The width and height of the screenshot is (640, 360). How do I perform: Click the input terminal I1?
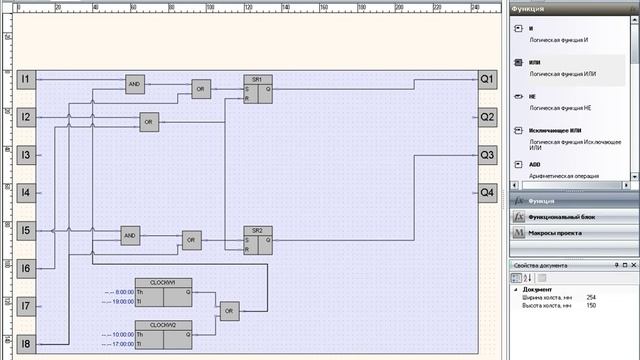click(26, 79)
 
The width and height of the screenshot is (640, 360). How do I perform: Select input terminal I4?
click(26, 192)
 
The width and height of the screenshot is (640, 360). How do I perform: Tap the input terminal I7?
click(26, 306)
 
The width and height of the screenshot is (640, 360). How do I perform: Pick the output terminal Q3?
click(487, 155)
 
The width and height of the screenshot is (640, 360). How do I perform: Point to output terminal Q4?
click(487, 192)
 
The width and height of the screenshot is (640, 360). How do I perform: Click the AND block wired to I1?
click(134, 85)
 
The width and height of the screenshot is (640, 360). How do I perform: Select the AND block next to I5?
click(131, 236)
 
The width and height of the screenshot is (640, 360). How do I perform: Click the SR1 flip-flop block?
click(258, 88)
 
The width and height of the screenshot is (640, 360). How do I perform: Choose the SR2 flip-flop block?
click(258, 239)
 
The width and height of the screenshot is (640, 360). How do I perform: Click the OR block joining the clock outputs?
click(230, 311)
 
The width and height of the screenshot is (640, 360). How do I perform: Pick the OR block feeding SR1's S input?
click(202, 88)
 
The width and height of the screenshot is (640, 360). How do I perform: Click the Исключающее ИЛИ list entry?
click(557, 131)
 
